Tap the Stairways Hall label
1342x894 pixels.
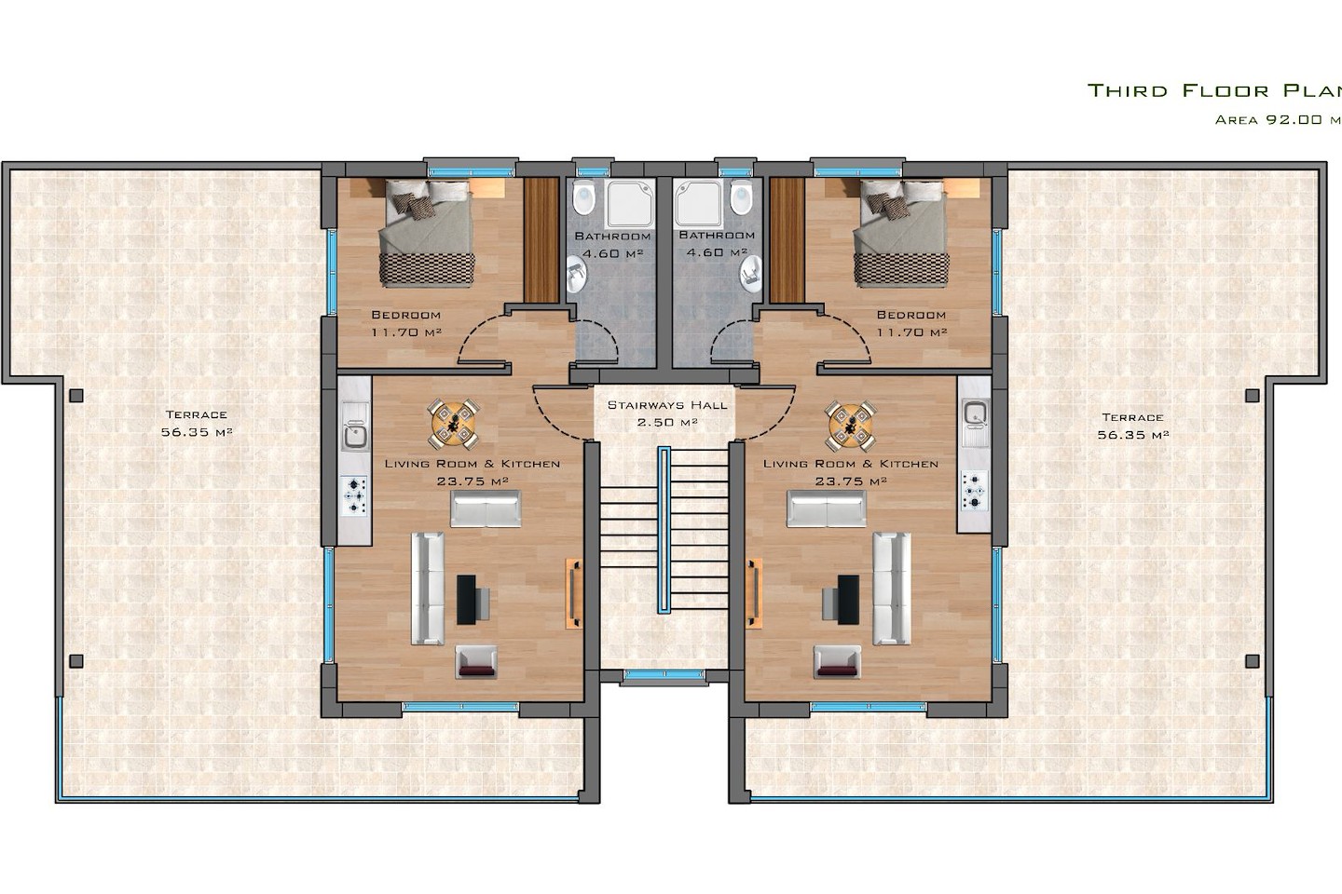667,405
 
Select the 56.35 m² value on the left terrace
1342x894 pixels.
197,432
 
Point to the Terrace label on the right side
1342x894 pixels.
1132,417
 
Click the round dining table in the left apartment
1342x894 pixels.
454,424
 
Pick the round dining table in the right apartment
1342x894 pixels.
850,426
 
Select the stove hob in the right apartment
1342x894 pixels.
974,491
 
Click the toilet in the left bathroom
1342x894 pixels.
582,198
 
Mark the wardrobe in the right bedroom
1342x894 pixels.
787,240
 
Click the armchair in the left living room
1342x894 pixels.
476,662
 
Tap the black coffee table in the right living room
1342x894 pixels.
848,600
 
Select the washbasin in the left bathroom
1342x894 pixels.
576,275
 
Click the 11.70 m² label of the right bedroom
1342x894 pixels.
911,332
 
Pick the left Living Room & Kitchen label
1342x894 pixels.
472,464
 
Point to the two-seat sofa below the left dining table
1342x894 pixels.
486,509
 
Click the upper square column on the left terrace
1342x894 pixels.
76,396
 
